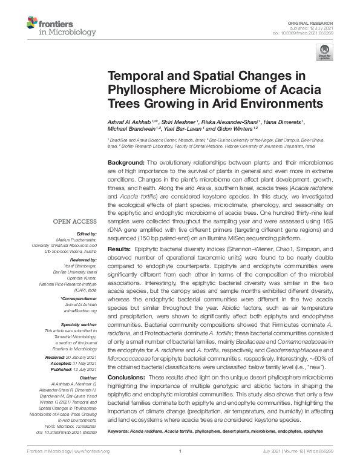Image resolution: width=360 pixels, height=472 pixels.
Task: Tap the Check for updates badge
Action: (x=326, y=53)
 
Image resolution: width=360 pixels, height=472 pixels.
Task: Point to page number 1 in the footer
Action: (x=180, y=451)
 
